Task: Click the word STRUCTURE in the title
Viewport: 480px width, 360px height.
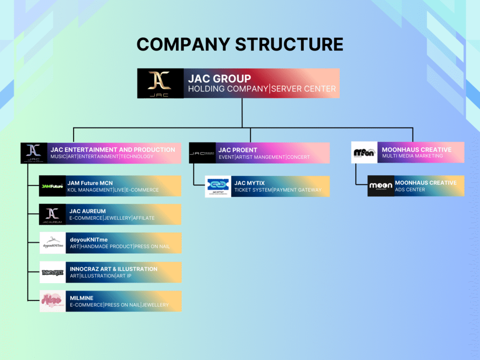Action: tap(289, 44)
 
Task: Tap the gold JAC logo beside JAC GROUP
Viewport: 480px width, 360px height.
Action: tap(159, 83)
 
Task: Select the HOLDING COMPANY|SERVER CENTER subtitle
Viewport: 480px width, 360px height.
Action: tap(262, 89)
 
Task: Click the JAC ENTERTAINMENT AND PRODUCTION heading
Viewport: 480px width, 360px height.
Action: tap(112, 150)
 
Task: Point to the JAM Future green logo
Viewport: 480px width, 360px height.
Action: tap(52, 186)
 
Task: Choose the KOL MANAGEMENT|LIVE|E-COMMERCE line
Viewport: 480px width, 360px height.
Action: tap(114, 190)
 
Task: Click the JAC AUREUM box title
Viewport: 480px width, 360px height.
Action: tap(87, 211)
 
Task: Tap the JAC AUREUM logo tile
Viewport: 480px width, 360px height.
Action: tap(52, 215)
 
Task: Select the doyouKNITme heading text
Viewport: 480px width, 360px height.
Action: tap(89, 240)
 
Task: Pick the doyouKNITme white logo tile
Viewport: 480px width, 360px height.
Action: tap(52, 243)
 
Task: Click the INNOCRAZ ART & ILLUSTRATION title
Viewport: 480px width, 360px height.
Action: tap(113, 269)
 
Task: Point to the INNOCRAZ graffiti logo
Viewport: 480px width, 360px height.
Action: tap(52, 272)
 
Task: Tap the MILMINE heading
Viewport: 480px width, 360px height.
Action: tap(82, 298)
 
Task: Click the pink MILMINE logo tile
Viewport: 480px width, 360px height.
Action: tap(52, 301)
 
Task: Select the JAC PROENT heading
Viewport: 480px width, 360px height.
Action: tap(238, 150)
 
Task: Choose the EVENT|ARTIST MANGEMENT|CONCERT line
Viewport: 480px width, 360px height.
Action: tap(264, 157)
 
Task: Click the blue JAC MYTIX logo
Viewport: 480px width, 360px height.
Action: tap(218, 186)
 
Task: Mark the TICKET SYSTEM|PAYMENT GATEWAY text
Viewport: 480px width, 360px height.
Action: tap(278, 190)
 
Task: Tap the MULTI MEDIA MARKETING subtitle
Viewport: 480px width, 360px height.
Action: tap(412, 156)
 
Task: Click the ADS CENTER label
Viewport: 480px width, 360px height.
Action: tap(410, 190)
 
